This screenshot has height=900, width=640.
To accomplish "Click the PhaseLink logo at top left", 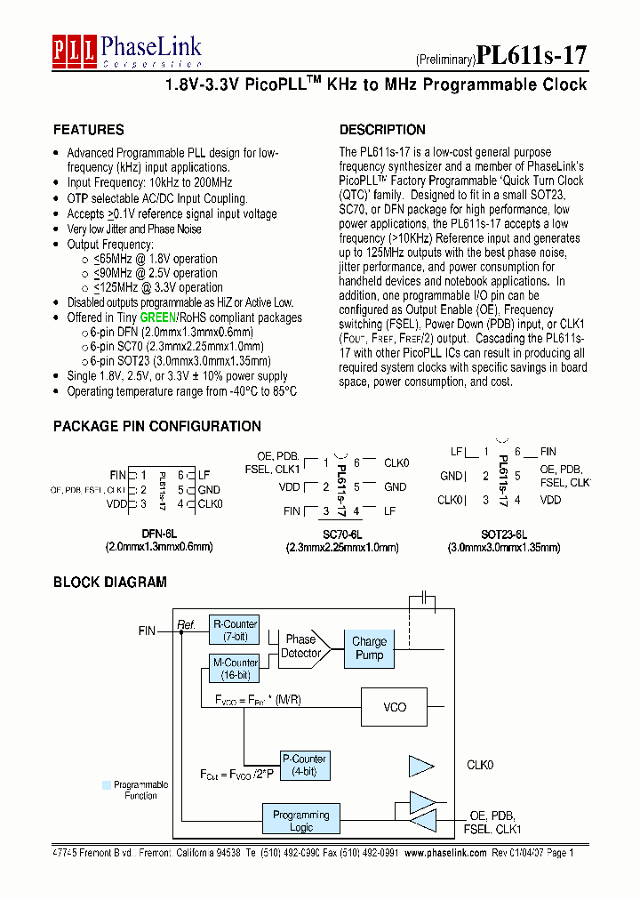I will pyautogui.click(x=127, y=50).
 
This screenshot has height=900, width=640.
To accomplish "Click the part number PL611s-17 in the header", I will pyautogui.click(x=532, y=55).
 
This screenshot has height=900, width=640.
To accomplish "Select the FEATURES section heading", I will pyautogui.click(x=89, y=130).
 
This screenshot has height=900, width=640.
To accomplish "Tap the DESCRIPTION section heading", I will pyautogui.click(x=382, y=130).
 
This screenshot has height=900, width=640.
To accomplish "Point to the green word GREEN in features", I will pyautogui.click(x=158, y=317).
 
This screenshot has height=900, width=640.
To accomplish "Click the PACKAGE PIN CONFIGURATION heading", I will pyautogui.click(x=157, y=427).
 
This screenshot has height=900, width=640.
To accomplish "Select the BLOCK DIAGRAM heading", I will pyautogui.click(x=110, y=583).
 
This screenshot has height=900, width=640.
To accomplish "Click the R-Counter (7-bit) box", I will pyautogui.click(x=234, y=630).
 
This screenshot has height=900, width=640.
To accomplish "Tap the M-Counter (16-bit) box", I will pyautogui.click(x=235, y=669).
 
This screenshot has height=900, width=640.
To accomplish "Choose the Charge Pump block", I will pyautogui.click(x=369, y=648).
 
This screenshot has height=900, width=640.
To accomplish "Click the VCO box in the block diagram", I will pyautogui.click(x=395, y=707).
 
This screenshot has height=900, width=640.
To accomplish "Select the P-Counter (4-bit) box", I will pyautogui.click(x=304, y=765).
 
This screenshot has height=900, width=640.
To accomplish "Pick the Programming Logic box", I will pyautogui.click(x=300, y=821).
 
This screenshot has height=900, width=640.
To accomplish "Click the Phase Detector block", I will pyautogui.click(x=300, y=647).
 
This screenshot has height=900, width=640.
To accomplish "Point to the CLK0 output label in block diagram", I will pyautogui.click(x=480, y=765).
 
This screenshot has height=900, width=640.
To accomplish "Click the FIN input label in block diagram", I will pyautogui.click(x=146, y=631).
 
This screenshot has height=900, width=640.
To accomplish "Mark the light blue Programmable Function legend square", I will pyautogui.click(x=107, y=785).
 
